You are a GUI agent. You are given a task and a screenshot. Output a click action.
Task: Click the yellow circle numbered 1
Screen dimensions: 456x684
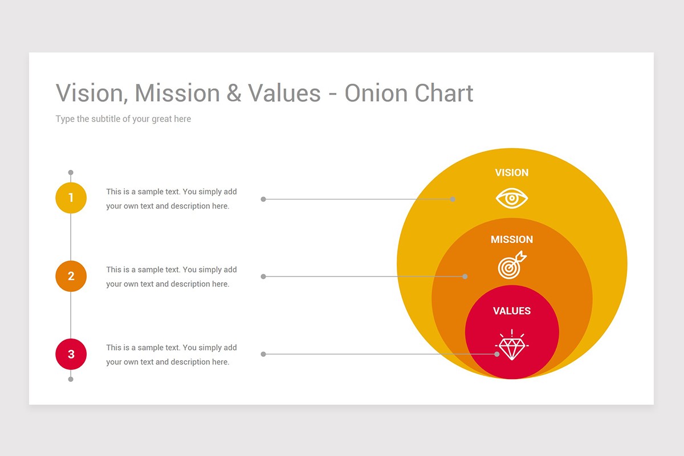click(71, 198)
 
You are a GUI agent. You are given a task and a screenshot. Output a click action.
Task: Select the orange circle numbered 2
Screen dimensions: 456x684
click(71, 276)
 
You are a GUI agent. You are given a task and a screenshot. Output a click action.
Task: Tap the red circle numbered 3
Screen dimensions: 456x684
click(71, 354)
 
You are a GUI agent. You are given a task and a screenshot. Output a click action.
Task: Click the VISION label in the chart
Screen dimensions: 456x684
click(511, 173)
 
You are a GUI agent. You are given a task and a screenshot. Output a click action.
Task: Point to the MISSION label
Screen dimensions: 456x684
click(511, 239)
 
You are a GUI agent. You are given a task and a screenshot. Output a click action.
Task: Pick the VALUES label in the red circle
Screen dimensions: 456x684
click(511, 311)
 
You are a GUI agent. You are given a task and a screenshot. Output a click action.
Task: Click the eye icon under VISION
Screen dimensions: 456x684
click(511, 198)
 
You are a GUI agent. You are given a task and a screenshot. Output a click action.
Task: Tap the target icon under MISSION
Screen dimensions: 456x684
click(512, 266)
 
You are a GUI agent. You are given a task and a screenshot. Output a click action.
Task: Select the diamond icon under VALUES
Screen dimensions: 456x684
click(512, 345)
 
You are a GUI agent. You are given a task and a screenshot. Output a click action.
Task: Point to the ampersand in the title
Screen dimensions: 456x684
click(234, 93)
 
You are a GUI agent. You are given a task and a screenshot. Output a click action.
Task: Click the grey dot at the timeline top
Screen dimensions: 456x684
click(71, 172)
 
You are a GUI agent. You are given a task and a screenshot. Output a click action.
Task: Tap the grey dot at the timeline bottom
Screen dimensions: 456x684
click(71, 379)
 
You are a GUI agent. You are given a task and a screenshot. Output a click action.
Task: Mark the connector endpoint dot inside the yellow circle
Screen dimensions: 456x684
click(453, 199)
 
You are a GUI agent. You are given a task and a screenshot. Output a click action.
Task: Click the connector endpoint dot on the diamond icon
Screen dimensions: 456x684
click(497, 354)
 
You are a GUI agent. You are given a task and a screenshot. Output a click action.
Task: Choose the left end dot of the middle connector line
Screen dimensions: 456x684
click(263, 276)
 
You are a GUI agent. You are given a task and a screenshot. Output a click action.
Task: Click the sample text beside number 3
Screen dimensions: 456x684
click(171, 355)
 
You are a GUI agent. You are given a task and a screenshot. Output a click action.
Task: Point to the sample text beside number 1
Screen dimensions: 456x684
click(171, 198)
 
